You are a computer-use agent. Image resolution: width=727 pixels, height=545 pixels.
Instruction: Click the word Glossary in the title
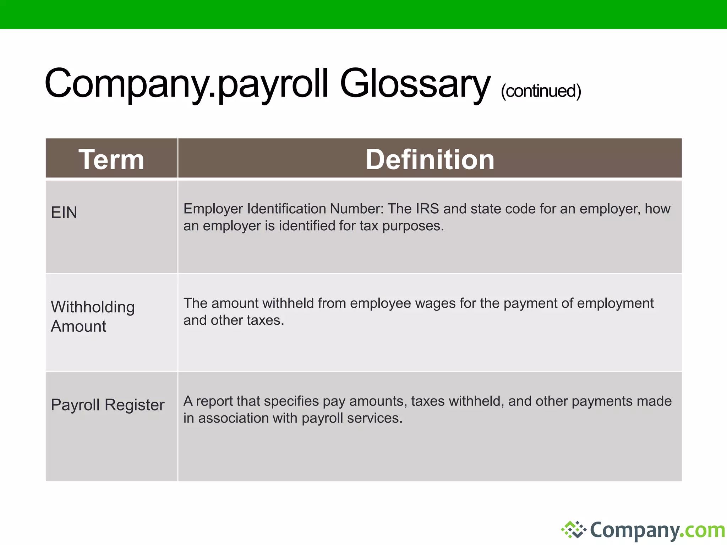click(415, 84)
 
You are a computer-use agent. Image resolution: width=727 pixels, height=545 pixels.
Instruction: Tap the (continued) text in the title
click(541, 91)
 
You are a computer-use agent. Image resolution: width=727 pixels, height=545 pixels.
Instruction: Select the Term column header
click(111, 159)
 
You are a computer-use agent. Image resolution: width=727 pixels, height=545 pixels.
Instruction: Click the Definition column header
click(430, 159)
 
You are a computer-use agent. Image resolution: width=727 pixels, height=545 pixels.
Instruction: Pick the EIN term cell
click(64, 213)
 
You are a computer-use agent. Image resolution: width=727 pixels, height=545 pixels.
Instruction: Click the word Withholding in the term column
click(93, 307)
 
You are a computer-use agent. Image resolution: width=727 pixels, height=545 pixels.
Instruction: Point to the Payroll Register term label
click(108, 405)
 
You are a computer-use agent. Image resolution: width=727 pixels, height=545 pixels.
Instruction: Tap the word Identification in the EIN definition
click(286, 209)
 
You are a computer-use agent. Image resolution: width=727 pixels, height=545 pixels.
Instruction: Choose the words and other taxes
click(234, 320)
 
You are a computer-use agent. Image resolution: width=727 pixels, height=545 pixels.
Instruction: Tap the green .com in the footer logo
click(705, 530)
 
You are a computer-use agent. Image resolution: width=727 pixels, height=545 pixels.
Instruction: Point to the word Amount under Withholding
click(78, 326)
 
